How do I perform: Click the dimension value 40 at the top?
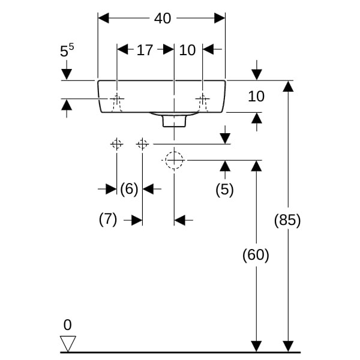(x=162, y=19)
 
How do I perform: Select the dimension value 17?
(x=145, y=50)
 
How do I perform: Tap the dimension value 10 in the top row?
(x=188, y=50)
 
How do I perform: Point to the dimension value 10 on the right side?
(x=256, y=96)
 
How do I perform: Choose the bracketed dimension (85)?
(x=287, y=220)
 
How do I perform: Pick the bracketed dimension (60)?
(x=256, y=255)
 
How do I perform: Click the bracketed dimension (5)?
(x=224, y=190)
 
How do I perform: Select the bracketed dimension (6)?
(x=129, y=190)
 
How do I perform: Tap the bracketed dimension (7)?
(x=108, y=220)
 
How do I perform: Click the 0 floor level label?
(x=67, y=325)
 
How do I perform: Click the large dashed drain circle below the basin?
(x=174, y=160)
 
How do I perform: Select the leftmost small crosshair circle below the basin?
(x=116, y=144)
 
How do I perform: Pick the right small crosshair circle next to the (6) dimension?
(x=142, y=144)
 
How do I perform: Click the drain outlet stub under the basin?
(x=174, y=121)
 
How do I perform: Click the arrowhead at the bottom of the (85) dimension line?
(x=288, y=346)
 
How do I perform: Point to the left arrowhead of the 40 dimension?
(x=103, y=19)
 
